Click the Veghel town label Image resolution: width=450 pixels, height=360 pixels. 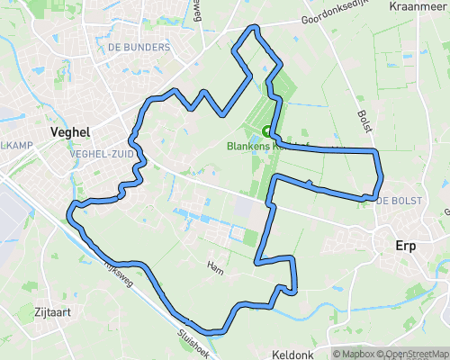pos(71,131)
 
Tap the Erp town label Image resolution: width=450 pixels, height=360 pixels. pos(409,245)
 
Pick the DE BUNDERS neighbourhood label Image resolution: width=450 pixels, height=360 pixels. pos(138,46)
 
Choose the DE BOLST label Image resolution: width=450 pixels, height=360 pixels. pos(395,199)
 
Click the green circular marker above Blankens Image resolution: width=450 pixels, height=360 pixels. pos(266,130)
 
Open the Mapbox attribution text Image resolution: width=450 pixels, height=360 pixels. pos(354,353)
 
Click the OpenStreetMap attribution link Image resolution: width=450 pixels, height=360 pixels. pos(413,353)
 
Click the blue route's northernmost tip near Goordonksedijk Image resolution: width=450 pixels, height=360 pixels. pos(254,28)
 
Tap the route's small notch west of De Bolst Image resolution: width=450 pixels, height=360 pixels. pos(310,184)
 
